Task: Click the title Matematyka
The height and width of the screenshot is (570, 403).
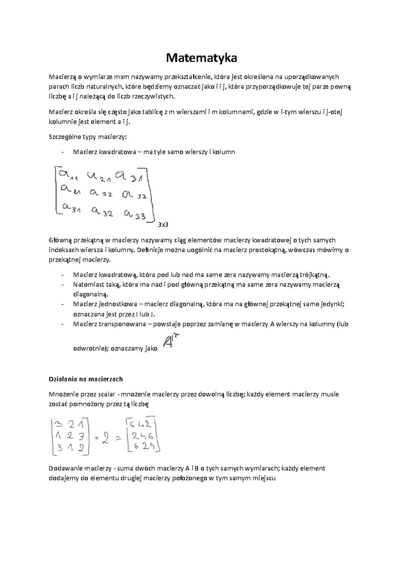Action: click(201, 58)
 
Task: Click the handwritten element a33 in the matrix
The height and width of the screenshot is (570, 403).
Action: click(135, 215)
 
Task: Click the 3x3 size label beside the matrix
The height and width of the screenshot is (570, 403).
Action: click(163, 225)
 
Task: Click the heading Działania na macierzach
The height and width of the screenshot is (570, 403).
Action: click(86, 379)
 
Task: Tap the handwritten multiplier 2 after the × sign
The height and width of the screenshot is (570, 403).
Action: click(106, 437)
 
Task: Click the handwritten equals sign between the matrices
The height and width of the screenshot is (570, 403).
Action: click(118, 438)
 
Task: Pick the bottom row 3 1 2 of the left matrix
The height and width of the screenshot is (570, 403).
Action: click(70, 448)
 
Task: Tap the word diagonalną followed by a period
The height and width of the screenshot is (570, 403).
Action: click(91, 294)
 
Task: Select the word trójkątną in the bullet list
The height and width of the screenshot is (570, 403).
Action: click(314, 275)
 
